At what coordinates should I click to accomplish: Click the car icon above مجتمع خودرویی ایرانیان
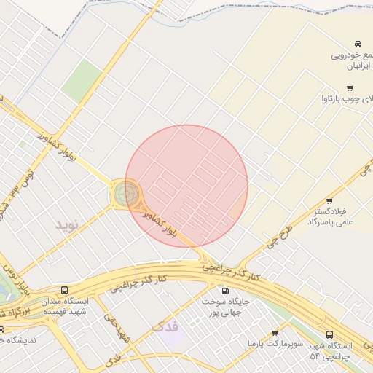point(358,44)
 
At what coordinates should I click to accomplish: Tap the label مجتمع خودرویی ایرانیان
point(352,60)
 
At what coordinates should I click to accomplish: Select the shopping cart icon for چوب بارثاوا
point(350,87)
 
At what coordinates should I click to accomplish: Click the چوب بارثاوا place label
point(346,98)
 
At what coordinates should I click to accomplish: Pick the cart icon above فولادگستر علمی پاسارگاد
point(329,201)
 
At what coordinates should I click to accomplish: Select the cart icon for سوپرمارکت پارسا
point(274,333)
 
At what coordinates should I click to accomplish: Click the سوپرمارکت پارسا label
point(267,342)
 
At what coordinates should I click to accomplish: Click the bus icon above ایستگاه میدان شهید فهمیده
point(65,290)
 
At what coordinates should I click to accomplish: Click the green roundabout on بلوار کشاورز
point(125,194)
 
